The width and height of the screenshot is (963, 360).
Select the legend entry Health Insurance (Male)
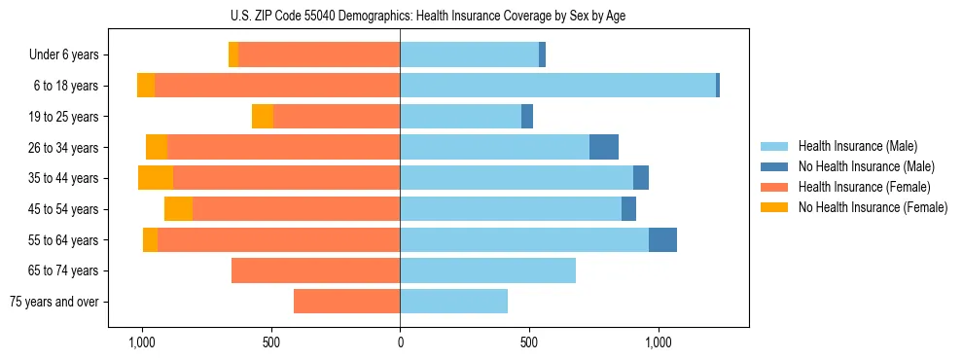pyautogui.click(x=857, y=146)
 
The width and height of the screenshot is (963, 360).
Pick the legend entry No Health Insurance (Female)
pyautogui.click(x=872, y=207)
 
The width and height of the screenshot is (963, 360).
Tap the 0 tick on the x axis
pyautogui.click(x=400, y=343)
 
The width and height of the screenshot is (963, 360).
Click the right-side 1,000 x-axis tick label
pyautogui.click(x=658, y=343)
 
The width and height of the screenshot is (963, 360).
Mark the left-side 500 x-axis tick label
pyautogui.click(x=271, y=343)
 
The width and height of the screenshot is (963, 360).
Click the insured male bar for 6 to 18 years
pyautogui.click(x=557, y=86)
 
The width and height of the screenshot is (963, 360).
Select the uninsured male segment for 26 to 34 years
pyautogui.click(x=604, y=147)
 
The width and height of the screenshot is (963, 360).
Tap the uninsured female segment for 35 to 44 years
pyautogui.click(x=156, y=178)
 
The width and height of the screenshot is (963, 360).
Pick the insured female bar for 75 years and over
pyautogui.click(x=346, y=302)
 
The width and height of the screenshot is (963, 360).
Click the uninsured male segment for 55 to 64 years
pyautogui.click(x=662, y=239)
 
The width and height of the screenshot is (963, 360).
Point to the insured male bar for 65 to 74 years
pyautogui.click(x=487, y=270)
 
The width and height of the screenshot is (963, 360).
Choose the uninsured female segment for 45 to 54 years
pyautogui.click(x=178, y=209)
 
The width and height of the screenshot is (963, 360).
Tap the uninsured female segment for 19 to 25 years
pyautogui.click(x=263, y=117)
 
